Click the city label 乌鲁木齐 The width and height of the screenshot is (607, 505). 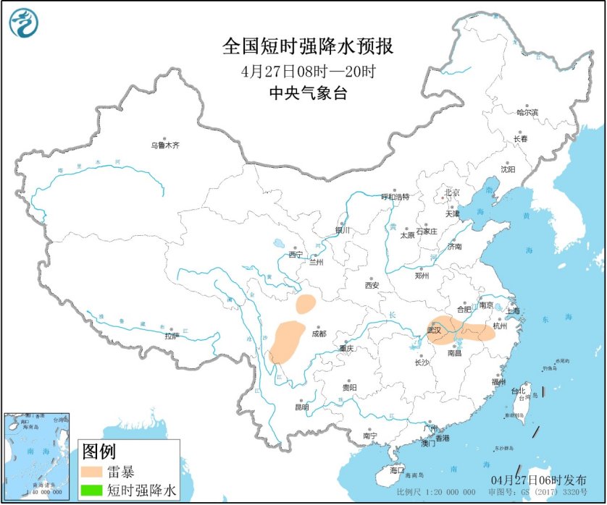point(164,145)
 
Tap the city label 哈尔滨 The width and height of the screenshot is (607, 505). point(527,112)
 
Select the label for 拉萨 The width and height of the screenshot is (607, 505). point(171,336)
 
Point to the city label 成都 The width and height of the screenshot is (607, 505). point(319,334)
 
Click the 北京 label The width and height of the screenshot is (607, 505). point(452,192)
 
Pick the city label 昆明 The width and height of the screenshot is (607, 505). point(301,407)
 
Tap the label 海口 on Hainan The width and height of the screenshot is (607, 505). point(396,470)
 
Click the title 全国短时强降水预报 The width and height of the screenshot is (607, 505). point(309,47)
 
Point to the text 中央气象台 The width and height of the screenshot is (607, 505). point(309,92)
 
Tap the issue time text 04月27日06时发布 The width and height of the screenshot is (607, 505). point(538,480)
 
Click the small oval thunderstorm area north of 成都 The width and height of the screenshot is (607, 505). point(306,304)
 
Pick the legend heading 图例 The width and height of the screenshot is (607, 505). point(99,452)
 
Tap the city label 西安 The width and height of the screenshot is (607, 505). point(372,285)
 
